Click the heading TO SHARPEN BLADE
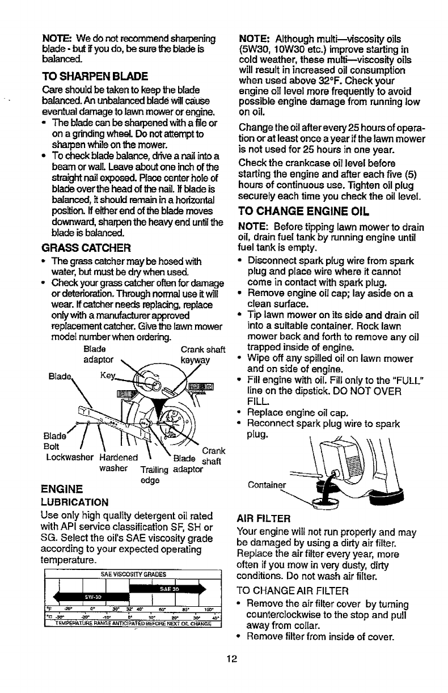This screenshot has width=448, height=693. [x=95, y=76]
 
